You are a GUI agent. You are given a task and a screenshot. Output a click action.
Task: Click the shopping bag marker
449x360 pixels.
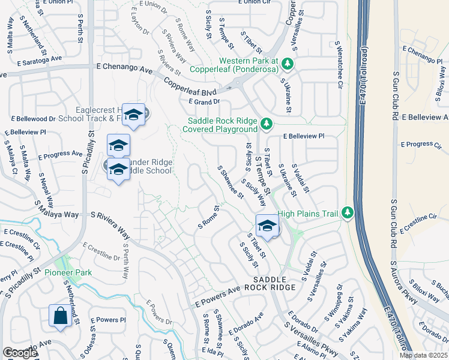pyautogui.click(x=61, y=316)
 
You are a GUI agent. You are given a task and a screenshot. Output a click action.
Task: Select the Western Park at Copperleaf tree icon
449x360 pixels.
pyautogui.click(x=287, y=63)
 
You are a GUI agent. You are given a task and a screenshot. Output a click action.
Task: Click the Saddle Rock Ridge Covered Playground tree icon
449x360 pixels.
pyautogui.click(x=266, y=124)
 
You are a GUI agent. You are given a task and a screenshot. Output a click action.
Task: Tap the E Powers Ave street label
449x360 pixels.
pyautogui.click(x=217, y=298)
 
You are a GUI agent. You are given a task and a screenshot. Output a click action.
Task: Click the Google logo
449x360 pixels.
pyautogui.click(x=20, y=353)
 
